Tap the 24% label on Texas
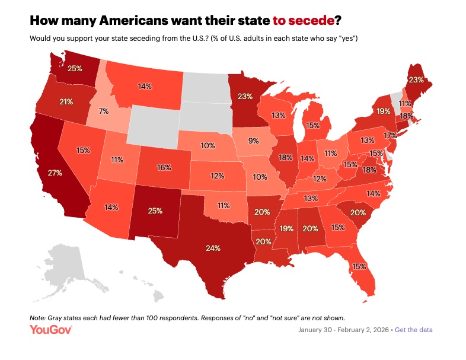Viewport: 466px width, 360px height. pos(213,247)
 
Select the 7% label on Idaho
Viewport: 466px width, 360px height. pos(104,111)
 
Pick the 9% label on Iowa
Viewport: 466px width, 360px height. pos(253,141)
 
